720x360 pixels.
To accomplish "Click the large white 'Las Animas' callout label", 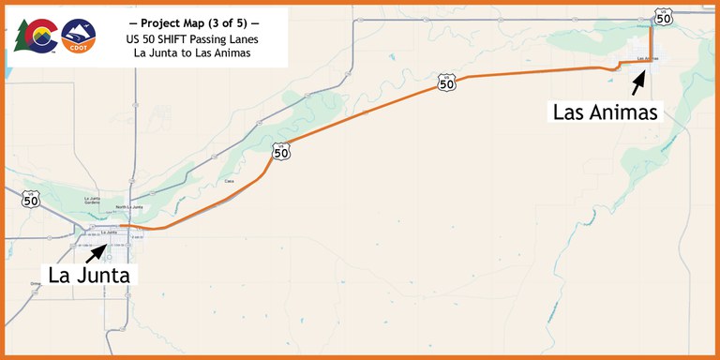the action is coord(607,112).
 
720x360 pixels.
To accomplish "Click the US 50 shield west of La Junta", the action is coord(31,198).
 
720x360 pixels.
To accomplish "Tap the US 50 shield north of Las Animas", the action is coord(664,16).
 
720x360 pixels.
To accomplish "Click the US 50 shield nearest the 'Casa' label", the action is coord(280,150).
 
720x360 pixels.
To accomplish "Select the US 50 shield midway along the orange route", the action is coord(447,82).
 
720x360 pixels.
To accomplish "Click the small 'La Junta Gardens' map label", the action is coord(92,200).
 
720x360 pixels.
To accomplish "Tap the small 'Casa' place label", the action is coord(230,181).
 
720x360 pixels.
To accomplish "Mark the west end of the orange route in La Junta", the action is coord(121,226).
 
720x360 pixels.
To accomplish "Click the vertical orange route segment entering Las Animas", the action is coord(651,42).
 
